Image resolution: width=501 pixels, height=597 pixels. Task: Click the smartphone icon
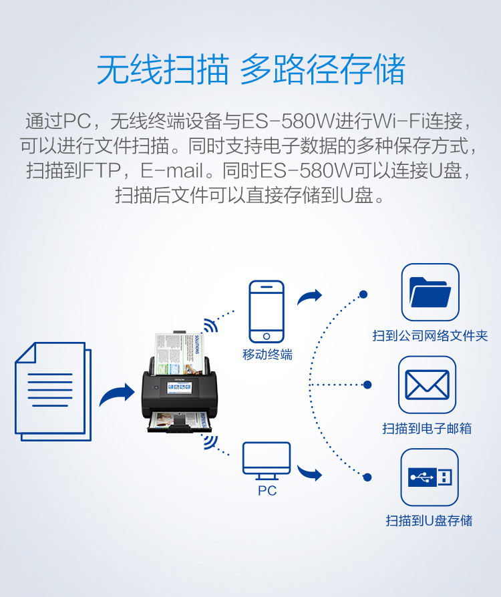(x=267, y=311)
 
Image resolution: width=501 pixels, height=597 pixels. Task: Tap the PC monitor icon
(x=267, y=459)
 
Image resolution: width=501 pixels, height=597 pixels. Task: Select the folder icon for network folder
(x=430, y=292)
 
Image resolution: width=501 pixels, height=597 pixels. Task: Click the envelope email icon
(x=427, y=385)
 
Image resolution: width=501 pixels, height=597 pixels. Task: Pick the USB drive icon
(x=430, y=477)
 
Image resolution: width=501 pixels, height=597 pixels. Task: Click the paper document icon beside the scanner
(x=53, y=391)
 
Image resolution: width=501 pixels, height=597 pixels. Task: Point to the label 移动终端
(x=267, y=355)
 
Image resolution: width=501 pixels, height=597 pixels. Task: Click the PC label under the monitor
(x=267, y=491)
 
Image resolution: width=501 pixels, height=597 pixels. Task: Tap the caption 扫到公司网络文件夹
(x=430, y=335)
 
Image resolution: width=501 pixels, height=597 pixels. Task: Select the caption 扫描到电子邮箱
(x=427, y=428)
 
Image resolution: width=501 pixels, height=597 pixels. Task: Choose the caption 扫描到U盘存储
(x=429, y=520)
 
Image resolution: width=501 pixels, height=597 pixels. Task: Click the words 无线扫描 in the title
(x=163, y=70)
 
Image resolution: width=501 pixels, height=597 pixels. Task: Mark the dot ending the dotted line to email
(x=367, y=385)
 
